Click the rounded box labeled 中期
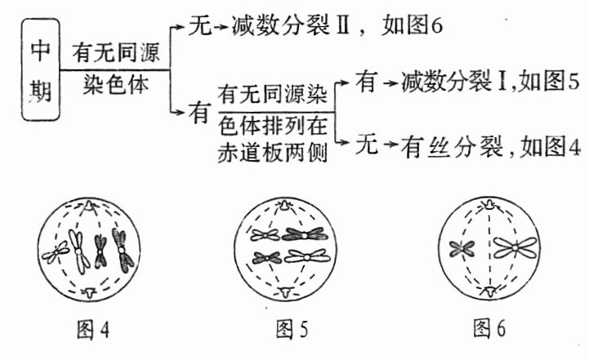(38, 71)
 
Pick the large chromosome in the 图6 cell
(513, 247)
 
